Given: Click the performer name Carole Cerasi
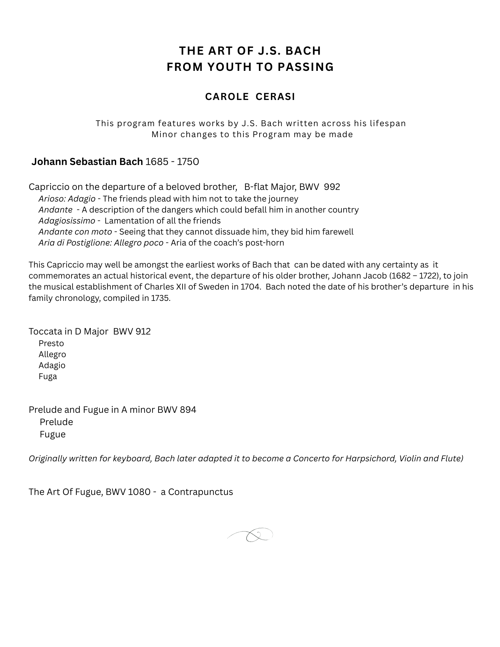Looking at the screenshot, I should point(250,97).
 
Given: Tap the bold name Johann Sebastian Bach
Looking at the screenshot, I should point(87,161).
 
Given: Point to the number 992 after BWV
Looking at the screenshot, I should point(332,187).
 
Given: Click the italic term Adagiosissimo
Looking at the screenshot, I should point(67,221).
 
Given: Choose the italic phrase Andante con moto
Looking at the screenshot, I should point(75,232).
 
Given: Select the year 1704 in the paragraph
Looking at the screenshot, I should point(250,287).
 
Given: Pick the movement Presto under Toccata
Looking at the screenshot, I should point(51,344).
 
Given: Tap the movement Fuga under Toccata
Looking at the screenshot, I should point(48,377).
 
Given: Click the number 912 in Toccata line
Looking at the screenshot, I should point(143,332).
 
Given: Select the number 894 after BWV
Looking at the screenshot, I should point(188,410).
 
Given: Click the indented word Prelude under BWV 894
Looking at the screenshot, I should point(56,422).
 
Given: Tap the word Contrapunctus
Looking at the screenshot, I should point(200,492).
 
